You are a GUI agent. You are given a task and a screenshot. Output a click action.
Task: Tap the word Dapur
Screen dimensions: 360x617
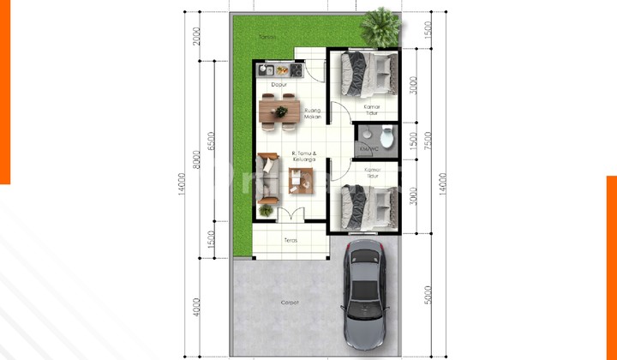tap(279, 84)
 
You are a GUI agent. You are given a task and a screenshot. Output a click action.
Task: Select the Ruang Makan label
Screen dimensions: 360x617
tap(313, 113)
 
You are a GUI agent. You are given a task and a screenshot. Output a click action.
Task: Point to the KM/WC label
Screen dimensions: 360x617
tap(369, 148)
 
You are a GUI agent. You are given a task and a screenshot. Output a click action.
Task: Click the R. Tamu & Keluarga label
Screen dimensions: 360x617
tap(303, 156)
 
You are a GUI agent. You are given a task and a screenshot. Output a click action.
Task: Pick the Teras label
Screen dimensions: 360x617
tap(290, 240)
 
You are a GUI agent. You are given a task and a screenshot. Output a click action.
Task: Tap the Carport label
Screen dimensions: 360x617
tap(290, 303)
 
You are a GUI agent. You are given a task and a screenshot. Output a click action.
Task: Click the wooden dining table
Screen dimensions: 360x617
tap(279, 111)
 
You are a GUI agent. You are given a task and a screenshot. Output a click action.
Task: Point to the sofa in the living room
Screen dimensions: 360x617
tap(267, 177)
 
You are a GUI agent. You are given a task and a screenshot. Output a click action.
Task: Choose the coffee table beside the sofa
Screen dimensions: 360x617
tap(300, 178)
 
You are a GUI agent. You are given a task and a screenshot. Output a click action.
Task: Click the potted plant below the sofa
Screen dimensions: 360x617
tap(267, 209)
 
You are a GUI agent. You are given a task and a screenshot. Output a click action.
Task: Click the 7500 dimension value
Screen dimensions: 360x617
tap(415, 141)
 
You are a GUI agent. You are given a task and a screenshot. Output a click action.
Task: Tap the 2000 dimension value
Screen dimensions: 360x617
tap(196, 37)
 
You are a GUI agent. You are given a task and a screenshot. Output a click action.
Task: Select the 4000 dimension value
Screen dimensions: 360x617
tap(196, 306)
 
